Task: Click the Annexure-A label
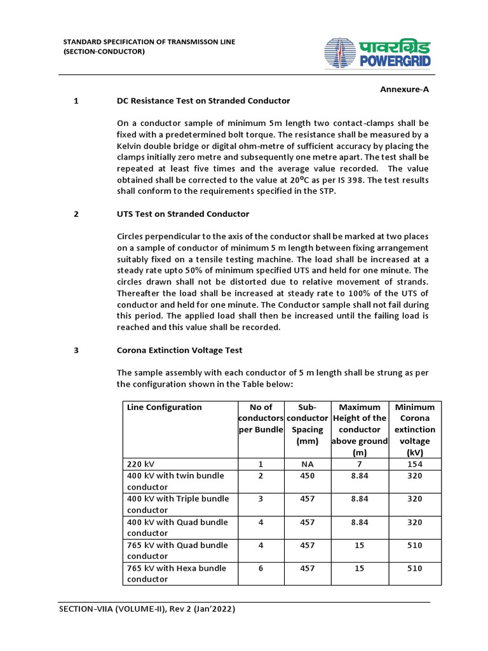404,90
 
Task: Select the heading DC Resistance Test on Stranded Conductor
203,100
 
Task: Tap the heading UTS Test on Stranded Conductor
183,214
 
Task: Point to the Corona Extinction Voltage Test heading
179,350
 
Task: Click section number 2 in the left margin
76,214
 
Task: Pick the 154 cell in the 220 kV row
414,464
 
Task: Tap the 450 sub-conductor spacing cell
308,476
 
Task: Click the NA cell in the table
308,464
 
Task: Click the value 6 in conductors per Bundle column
261,568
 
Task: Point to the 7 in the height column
360,464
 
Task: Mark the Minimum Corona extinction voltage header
414,429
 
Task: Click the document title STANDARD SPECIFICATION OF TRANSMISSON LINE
149,42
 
